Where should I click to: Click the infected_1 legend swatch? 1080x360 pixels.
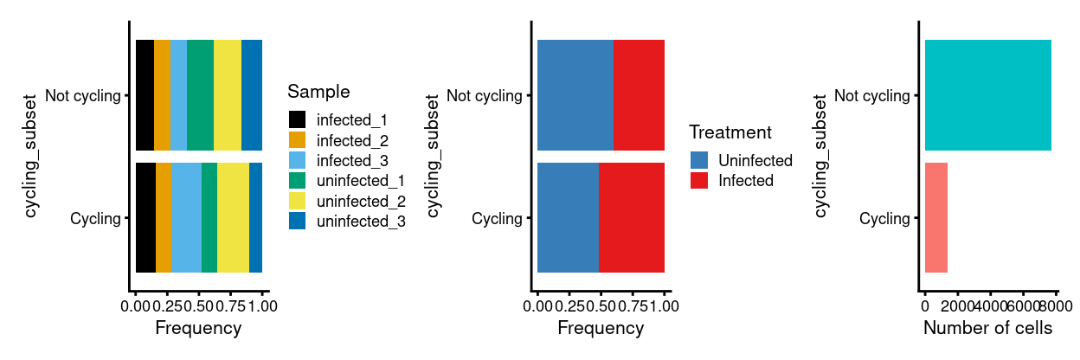(x=297, y=119)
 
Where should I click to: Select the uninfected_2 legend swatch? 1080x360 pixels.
(x=297, y=201)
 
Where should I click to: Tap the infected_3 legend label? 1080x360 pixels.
(x=352, y=160)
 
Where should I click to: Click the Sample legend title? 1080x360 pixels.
(x=318, y=92)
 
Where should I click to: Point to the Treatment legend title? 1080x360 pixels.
(x=730, y=132)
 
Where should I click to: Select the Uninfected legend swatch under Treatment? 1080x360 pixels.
(x=698, y=160)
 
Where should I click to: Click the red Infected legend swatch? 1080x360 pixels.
(x=698, y=181)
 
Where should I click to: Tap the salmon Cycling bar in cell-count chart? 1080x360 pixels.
(x=935, y=218)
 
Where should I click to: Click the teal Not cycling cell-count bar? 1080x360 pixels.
(x=987, y=95)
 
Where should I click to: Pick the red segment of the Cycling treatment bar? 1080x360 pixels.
(x=632, y=218)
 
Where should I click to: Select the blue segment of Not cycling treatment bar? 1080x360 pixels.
(x=575, y=95)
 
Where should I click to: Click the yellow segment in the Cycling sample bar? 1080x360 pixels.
(x=233, y=218)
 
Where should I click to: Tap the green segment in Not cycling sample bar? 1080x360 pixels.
(x=200, y=95)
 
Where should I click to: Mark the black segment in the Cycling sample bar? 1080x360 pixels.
(x=145, y=218)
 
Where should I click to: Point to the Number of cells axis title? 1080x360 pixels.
(x=987, y=329)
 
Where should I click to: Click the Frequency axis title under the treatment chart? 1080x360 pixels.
(x=601, y=329)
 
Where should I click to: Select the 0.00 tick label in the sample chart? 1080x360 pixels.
(x=137, y=306)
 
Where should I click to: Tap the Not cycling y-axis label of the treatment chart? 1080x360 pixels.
(x=484, y=95)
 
